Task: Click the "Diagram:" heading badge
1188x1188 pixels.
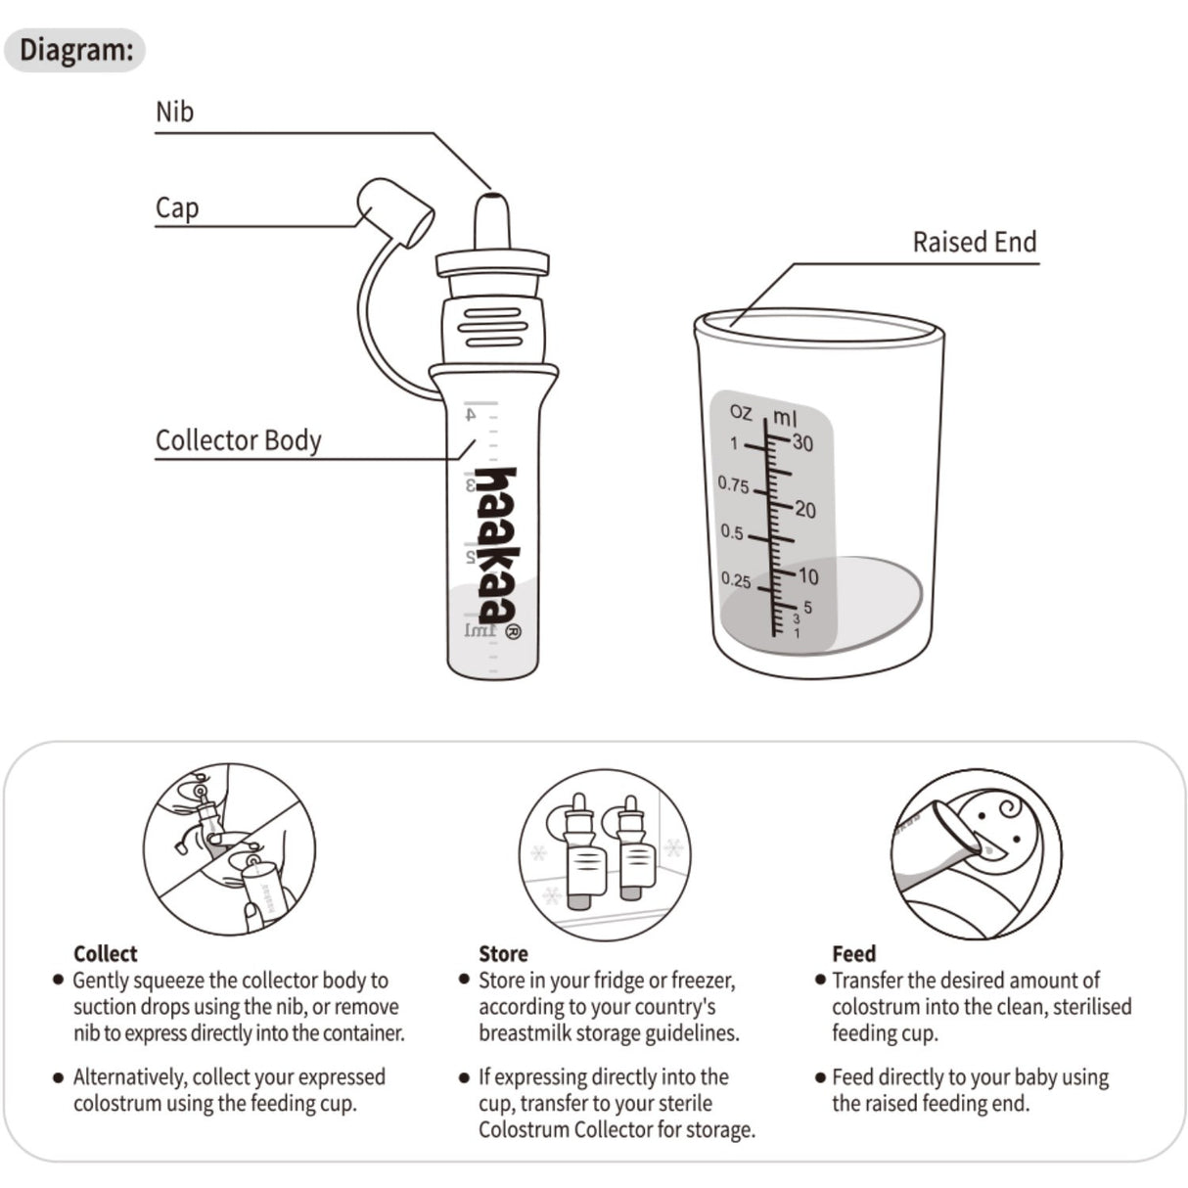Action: (75, 49)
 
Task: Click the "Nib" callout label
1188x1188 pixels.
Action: (174, 112)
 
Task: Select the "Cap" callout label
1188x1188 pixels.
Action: (177, 207)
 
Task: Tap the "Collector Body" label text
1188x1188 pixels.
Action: (238, 440)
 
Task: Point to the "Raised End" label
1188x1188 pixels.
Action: (974, 242)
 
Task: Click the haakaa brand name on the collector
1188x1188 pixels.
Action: (497, 544)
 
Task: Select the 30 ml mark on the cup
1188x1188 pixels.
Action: (802, 442)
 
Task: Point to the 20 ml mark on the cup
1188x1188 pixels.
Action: (804, 509)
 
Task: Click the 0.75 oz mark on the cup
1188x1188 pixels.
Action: (733, 484)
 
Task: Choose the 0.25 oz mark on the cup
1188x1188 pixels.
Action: (736, 580)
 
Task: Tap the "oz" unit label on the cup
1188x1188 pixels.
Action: (741, 412)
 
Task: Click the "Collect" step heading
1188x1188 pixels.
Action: (106, 953)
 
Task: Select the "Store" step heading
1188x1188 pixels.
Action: (503, 953)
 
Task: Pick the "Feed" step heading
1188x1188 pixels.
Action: (853, 953)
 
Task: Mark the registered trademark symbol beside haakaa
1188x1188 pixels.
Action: (514, 631)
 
